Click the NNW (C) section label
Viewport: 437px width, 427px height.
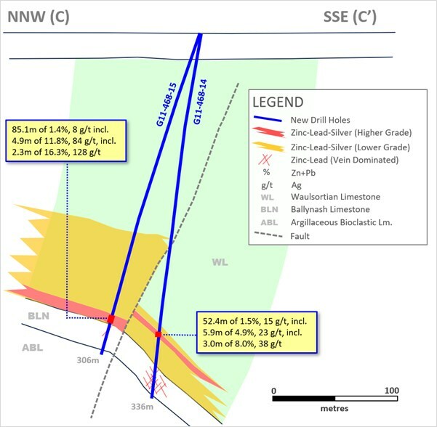pyautogui.click(x=39, y=17)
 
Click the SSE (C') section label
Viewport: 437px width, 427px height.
pyautogui.click(x=350, y=17)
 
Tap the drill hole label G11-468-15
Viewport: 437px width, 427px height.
pyautogui.click(x=167, y=105)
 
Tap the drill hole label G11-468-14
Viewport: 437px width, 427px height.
pyautogui.click(x=201, y=102)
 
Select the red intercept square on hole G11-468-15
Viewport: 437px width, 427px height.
pyautogui.click(x=111, y=319)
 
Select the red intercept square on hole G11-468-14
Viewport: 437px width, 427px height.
pyautogui.click(x=158, y=334)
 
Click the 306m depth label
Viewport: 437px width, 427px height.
pyautogui.click(x=88, y=360)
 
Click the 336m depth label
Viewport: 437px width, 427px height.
pyautogui.click(x=142, y=407)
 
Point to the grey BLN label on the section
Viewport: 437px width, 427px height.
pyautogui.click(x=39, y=316)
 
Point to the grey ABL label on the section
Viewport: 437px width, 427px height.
pyautogui.click(x=32, y=348)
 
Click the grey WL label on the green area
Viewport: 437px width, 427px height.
pyautogui.click(x=220, y=262)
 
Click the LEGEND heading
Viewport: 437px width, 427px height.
pyautogui.click(x=278, y=102)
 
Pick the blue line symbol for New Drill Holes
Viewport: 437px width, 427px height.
pyautogui.click(x=268, y=119)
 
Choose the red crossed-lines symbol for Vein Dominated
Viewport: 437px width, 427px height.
pyautogui.click(x=265, y=160)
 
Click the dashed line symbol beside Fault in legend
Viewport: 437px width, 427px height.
pyautogui.click(x=268, y=235)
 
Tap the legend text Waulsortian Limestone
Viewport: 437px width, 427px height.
pyautogui.click(x=335, y=197)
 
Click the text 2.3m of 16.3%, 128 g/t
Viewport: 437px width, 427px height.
pyautogui.click(x=56, y=152)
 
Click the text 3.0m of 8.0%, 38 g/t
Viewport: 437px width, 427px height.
pyautogui.click(x=242, y=343)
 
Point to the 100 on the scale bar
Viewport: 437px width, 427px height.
pyautogui.click(x=392, y=390)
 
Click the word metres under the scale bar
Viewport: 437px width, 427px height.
pyautogui.click(x=334, y=408)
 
